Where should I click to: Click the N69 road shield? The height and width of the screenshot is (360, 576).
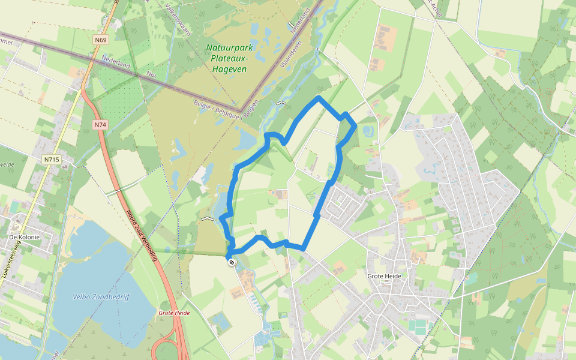(x=100, y=40)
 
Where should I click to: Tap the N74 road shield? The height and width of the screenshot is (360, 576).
(x=100, y=125)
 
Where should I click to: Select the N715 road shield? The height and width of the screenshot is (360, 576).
(x=52, y=160)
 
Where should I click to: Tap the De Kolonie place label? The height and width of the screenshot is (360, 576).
(x=25, y=237)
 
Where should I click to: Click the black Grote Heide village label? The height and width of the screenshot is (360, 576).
(x=384, y=276)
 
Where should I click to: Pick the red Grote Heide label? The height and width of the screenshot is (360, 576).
(x=174, y=313)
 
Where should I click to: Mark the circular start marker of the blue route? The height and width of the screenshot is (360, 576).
(x=231, y=262)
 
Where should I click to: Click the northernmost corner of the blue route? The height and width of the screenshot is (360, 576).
(x=319, y=97)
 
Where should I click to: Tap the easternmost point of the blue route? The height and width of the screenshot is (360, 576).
(x=356, y=125)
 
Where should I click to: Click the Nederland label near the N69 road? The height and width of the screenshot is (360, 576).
(x=116, y=63)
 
